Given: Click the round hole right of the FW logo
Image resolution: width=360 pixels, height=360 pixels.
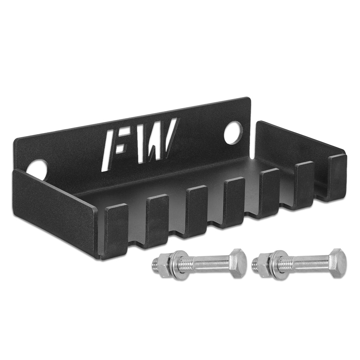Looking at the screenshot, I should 233,132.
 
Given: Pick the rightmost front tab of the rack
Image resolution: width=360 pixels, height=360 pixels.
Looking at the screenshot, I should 337,177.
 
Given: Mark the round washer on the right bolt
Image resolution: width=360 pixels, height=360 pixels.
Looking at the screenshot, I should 279,265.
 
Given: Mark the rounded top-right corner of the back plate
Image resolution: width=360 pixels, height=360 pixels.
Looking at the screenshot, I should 248,100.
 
